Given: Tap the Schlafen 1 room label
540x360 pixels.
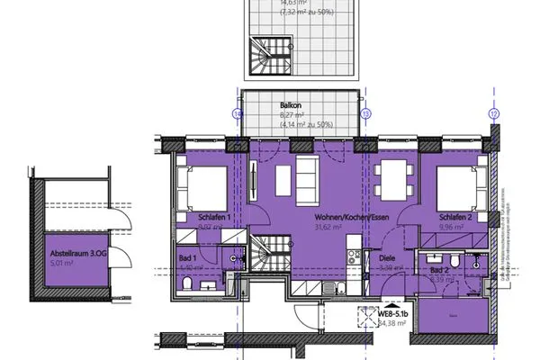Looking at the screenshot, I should tap(215, 218).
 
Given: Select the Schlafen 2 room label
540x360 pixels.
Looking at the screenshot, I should tap(456, 218).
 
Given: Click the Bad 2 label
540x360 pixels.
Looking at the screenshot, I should tap(439, 269).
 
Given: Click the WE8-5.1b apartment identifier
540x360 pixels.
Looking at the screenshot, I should tap(393, 313).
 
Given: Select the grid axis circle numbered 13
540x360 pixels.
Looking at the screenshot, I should tap(367, 115).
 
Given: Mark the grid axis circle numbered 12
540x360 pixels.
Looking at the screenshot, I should tap(494, 115).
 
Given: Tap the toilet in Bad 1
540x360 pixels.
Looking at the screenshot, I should tap(186, 283).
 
